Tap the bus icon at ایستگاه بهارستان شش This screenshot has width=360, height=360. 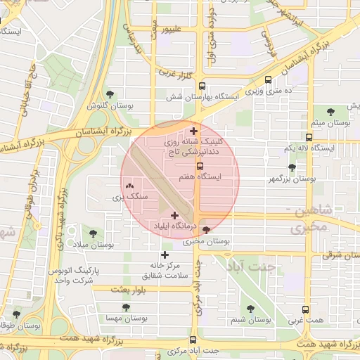click(x=202, y=84)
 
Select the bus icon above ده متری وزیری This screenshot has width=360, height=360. click(x=269, y=80)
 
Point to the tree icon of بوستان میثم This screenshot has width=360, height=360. click(x=328, y=111)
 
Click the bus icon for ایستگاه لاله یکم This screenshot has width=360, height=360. click(x=309, y=137)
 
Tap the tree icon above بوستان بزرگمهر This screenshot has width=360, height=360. click(x=292, y=167)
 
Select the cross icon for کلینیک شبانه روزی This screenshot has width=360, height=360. click(x=193, y=131)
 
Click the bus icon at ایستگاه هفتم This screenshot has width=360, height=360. click(x=200, y=167)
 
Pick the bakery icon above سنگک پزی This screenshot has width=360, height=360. click(x=129, y=186)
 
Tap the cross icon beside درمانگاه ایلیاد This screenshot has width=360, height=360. click(x=174, y=215)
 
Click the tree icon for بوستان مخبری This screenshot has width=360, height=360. click(x=206, y=230)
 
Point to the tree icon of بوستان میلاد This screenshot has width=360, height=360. click(x=94, y=232)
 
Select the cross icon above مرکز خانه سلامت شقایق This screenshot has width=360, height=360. click(x=165, y=255)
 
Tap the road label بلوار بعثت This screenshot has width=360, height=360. click(x=128, y=290)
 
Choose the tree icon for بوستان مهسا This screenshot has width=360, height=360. click(x=126, y=307)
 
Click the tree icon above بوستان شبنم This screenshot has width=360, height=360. click(x=251, y=308)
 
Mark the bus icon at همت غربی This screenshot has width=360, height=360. click(x=304, y=309)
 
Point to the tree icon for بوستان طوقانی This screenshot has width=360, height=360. click(x=17, y=314)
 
